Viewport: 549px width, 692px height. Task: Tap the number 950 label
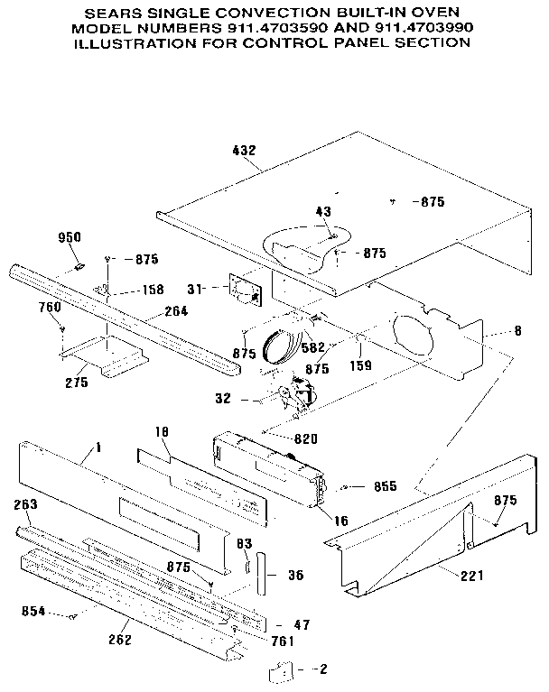pos(70,237)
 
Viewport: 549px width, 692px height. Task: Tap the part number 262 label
pos(119,641)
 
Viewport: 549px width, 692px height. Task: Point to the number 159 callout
pos(359,367)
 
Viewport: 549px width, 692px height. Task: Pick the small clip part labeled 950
pos(79,265)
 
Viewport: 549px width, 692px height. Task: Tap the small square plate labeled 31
pos(243,290)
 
